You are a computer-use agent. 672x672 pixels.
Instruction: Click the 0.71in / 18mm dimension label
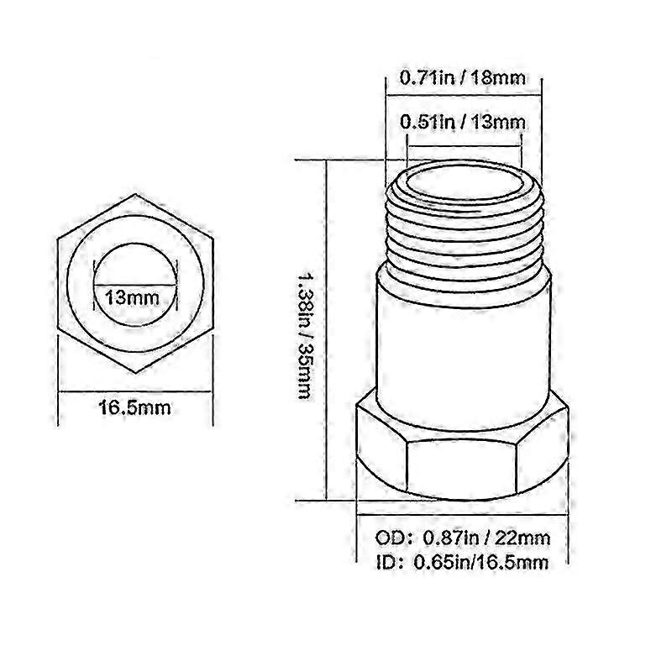pyautogui.click(x=463, y=78)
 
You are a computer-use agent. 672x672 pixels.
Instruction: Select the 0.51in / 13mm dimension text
pyautogui.click(x=463, y=122)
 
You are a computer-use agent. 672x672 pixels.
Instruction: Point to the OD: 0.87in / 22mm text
pyautogui.click(x=463, y=538)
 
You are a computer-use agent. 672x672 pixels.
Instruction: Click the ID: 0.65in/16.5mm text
pyautogui.click(x=463, y=562)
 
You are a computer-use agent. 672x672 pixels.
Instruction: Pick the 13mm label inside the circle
pyautogui.click(x=132, y=297)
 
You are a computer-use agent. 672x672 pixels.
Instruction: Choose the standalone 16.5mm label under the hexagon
pyautogui.click(x=135, y=407)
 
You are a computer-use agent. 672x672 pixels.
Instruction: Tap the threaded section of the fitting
pyautogui.click(x=465, y=232)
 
